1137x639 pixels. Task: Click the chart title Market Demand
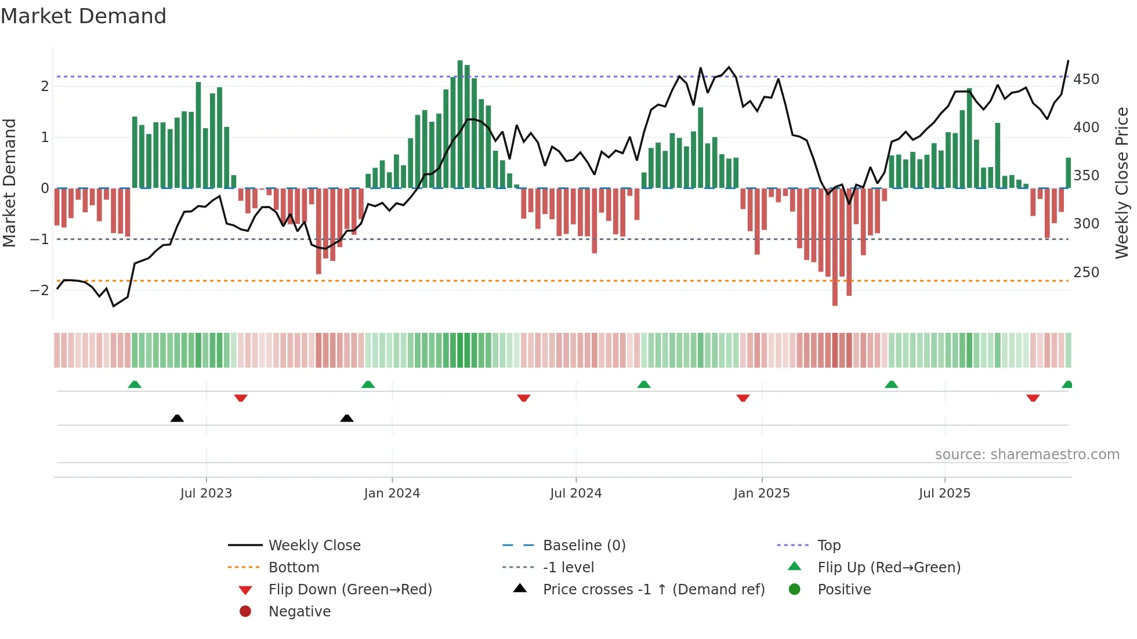coord(84,16)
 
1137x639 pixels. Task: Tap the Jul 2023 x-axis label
coord(206,493)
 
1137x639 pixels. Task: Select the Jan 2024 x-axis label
coord(392,493)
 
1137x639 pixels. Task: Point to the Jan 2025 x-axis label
coord(761,493)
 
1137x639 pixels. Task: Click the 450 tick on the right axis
coord(1086,79)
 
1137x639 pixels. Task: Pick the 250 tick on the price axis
coord(1086,272)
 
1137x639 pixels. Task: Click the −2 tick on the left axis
coord(39,291)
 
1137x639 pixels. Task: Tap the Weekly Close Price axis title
coord(1122,183)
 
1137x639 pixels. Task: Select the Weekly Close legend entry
coord(314,546)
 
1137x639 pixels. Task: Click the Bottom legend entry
coord(294,568)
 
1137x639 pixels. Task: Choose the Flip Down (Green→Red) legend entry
coord(350,590)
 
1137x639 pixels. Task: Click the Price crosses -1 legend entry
coord(653,590)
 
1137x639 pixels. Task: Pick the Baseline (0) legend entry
coord(584,546)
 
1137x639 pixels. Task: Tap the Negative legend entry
coord(299,612)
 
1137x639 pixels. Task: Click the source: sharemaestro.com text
coord(1027,455)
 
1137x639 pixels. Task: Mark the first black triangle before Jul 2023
coord(177,418)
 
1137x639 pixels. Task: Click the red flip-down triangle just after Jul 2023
coord(241,398)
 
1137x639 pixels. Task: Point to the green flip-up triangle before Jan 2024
coord(368,384)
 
